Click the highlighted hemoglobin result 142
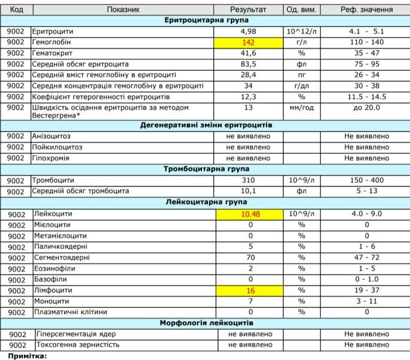(x=249, y=43)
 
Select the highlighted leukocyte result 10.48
(x=249, y=214)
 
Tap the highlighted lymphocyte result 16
(x=249, y=290)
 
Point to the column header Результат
(x=248, y=10)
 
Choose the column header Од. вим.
(x=302, y=10)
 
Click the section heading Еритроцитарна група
(x=207, y=20)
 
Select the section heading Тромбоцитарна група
(x=207, y=169)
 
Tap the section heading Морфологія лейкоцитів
(x=207, y=323)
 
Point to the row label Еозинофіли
(x=55, y=269)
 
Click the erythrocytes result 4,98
(x=249, y=31)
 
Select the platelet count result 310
(x=249, y=181)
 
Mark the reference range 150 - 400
(x=366, y=181)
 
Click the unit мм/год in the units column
(x=302, y=108)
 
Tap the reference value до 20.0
(x=366, y=108)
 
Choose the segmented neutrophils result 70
(x=249, y=257)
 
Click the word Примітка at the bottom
(x=26, y=356)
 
